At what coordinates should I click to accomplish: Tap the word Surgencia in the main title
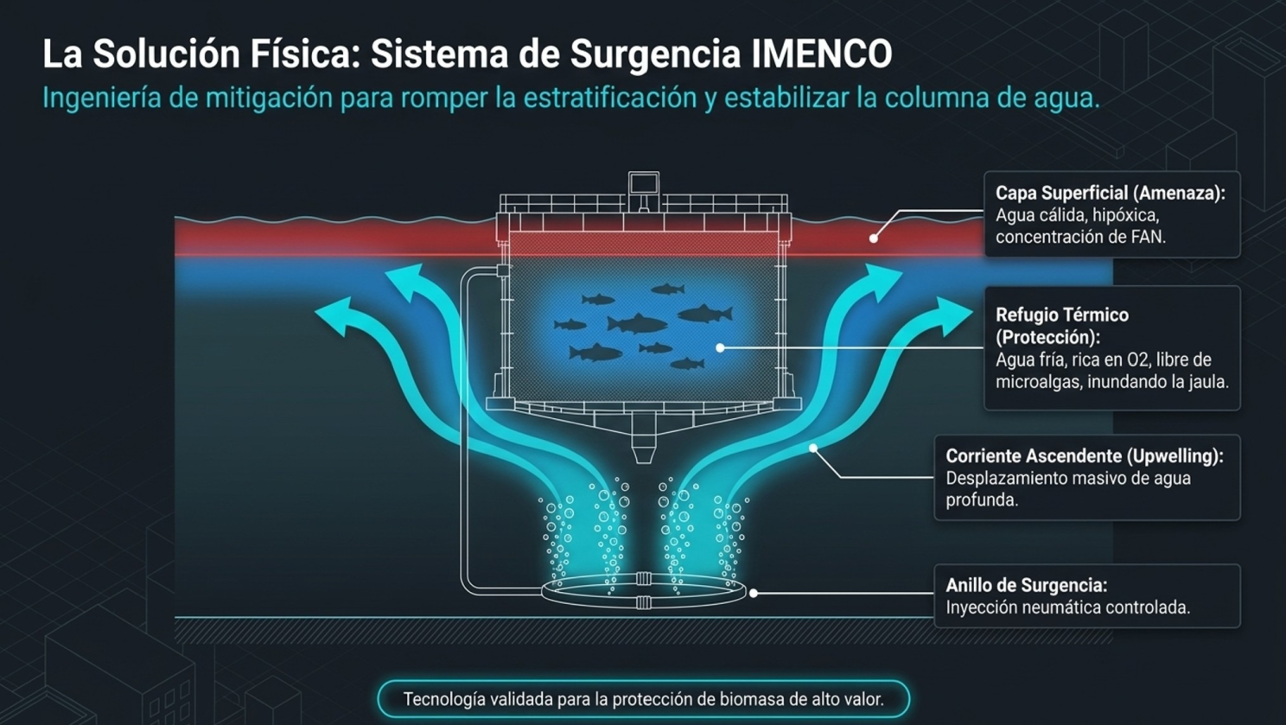point(655,55)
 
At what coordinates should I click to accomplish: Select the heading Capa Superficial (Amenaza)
point(1111,193)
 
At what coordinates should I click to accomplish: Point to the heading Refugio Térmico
point(1062,315)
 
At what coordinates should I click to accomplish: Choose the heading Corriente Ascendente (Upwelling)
point(1085,455)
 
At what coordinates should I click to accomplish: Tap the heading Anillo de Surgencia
point(1027,586)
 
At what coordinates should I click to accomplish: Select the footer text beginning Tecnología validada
point(643,699)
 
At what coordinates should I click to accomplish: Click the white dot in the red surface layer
point(873,238)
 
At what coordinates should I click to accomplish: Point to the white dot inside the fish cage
point(720,348)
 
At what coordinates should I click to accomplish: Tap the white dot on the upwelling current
point(813,448)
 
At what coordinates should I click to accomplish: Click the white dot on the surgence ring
point(754,593)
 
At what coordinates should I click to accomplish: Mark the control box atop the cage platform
point(643,185)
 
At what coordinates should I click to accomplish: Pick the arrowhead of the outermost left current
point(334,315)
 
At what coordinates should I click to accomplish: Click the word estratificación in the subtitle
point(609,98)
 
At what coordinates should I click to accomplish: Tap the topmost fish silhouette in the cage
point(668,289)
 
